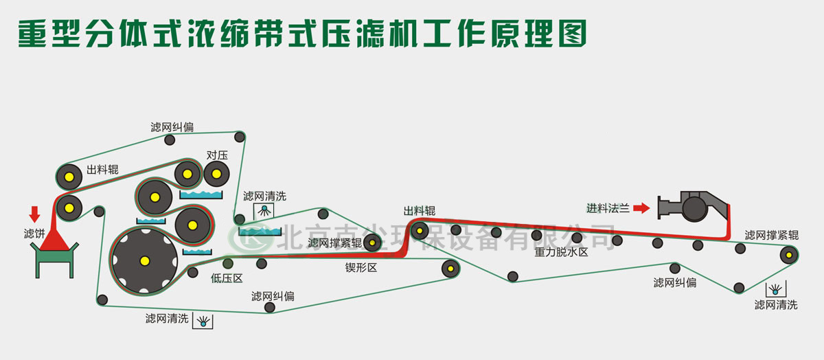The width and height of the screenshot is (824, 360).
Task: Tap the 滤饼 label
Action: click(x=34, y=234)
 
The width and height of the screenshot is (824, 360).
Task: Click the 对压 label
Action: click(x=217, y=156)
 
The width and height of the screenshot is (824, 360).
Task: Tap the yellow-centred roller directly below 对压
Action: click(x=217, y=175)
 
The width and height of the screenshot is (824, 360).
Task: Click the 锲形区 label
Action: click(x=361, y=267)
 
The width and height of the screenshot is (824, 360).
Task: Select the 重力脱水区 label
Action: click(x=562, y=252)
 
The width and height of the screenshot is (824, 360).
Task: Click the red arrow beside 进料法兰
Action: click(x=641, y=207)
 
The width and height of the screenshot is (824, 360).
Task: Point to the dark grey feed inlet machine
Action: click(x=690, y=205)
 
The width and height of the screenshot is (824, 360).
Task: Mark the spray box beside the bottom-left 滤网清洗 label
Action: click(x=203, y=320)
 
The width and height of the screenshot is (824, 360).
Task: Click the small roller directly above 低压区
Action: click(x=228, y=263)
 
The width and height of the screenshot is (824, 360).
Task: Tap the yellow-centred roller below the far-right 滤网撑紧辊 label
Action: click(x=789, y=256)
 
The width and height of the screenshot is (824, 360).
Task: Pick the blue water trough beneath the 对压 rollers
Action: click(x=201, y=195)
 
